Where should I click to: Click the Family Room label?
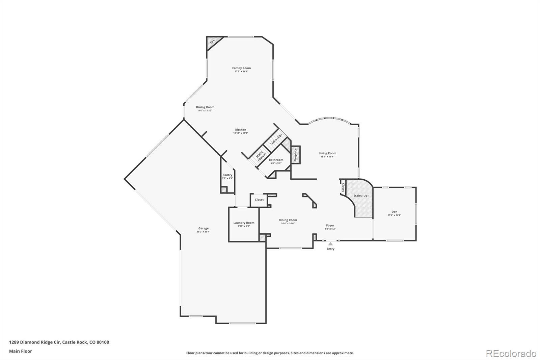click(241, 68)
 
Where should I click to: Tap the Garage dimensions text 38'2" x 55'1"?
click(203, 232)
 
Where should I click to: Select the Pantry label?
click(227, 175)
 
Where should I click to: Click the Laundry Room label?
click(244, 223)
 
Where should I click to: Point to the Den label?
click(394, 212)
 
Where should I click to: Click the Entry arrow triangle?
click(330, 243)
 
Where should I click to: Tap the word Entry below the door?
click(330, 249)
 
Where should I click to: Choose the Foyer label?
click(330, 225)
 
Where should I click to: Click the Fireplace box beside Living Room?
click(296, 155)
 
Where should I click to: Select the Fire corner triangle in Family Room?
click(212, 42)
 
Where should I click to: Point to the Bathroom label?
click(276, 160)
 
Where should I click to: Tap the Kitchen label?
click(241, 130)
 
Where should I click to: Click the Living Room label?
click(327, 153)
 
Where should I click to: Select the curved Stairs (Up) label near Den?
click(361, 196)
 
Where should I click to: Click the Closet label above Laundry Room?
click(259, 200)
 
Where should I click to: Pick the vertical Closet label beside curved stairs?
click(343, 187)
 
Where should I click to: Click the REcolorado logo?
click(511, 353)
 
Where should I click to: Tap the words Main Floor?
click(21, 351)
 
